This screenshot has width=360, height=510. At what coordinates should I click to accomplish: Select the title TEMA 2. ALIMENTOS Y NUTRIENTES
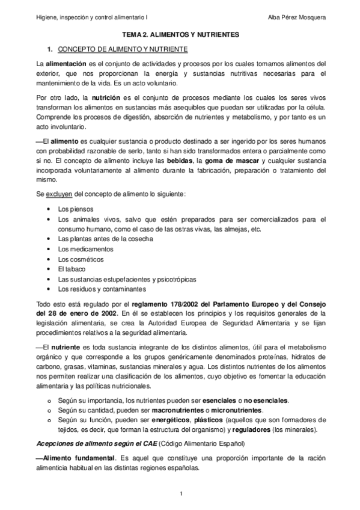pos(180,35)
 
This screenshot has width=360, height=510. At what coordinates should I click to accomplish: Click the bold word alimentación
pos(66,63)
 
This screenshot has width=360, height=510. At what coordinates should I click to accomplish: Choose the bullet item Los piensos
pos(76,209)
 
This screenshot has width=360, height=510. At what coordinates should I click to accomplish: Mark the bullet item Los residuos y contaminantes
pos(93,289)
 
